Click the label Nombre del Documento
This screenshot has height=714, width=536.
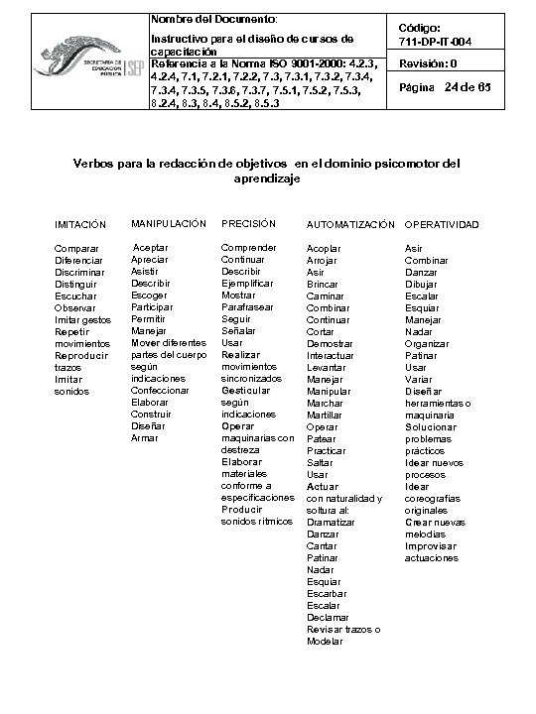[213, 19]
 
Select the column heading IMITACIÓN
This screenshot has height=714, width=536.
[80, 225]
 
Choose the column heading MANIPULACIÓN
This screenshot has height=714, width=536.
[169, 223]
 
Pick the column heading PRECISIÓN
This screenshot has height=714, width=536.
[248, 223]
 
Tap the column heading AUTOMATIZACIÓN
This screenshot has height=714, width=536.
[350, 225]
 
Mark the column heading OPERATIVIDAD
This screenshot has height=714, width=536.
[442, 225]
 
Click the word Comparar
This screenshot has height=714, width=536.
[76, 247]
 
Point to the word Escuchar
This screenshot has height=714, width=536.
[75, 296]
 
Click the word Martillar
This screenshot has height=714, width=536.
[326, 415]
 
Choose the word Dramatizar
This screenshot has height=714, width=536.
[330, 522]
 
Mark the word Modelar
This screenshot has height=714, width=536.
[326, 641]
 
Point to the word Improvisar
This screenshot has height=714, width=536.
[431, 545]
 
